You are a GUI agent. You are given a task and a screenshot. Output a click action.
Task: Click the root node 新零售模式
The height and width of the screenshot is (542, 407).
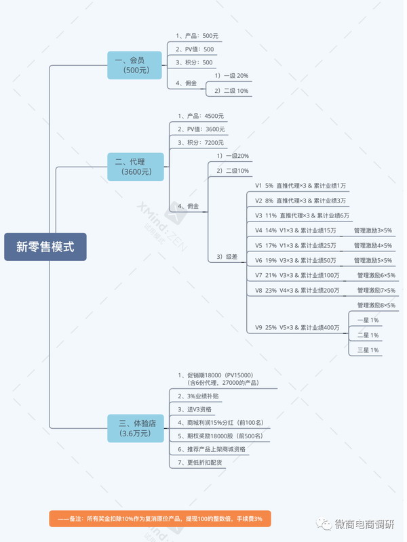click(x=45, y=247)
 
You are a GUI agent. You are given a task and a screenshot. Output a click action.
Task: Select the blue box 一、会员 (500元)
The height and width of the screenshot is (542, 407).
click(x=134, y=65)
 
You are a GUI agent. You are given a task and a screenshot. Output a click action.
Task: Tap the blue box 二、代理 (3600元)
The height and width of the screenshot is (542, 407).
click(x=136, y=167)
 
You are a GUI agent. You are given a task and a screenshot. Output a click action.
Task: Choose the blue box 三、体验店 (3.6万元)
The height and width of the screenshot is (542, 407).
click(x=136, y=428)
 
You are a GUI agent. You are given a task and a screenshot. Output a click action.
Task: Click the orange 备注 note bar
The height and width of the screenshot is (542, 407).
click(x=160, y=518)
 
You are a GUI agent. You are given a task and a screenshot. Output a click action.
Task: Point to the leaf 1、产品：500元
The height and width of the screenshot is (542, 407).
click(x=197, y=36)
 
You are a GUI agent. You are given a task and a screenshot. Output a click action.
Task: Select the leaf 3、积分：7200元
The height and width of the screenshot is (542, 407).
click(x=201, y=143)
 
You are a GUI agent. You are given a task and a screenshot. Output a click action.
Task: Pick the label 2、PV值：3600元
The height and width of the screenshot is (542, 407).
click(x=201, y=129)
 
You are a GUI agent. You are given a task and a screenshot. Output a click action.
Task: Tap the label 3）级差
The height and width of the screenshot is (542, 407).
click(x=227, y=257)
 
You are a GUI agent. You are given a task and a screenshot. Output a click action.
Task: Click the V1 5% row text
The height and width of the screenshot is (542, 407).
click(x=301, y=186)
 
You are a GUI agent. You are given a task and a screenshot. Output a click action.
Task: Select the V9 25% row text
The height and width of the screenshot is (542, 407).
click(x=297, y=327)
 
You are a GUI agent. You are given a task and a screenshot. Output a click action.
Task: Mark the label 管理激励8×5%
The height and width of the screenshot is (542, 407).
click(x=376, y=306)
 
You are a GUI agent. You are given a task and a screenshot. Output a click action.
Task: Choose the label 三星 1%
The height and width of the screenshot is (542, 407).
click(x=368, y=350)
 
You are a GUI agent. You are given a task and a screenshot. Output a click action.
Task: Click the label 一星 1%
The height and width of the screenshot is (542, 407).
click(x=368, y=320)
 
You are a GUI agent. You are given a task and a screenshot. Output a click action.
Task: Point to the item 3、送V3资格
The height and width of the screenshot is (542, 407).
click(x=195, y=409)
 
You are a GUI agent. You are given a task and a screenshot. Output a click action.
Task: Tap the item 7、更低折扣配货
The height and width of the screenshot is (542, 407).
click(x=199, y=463)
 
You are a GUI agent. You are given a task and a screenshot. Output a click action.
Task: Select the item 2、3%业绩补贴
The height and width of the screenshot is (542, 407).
click(x=198, y=396)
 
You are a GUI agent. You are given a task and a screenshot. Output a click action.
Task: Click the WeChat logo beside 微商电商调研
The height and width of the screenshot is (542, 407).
click(x=324, y=524)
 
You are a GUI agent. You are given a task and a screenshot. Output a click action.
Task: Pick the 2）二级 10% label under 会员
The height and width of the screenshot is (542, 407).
click(x=231, y=91)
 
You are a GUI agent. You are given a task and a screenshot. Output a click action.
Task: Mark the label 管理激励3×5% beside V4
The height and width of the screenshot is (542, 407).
click(x=372, y=230)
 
